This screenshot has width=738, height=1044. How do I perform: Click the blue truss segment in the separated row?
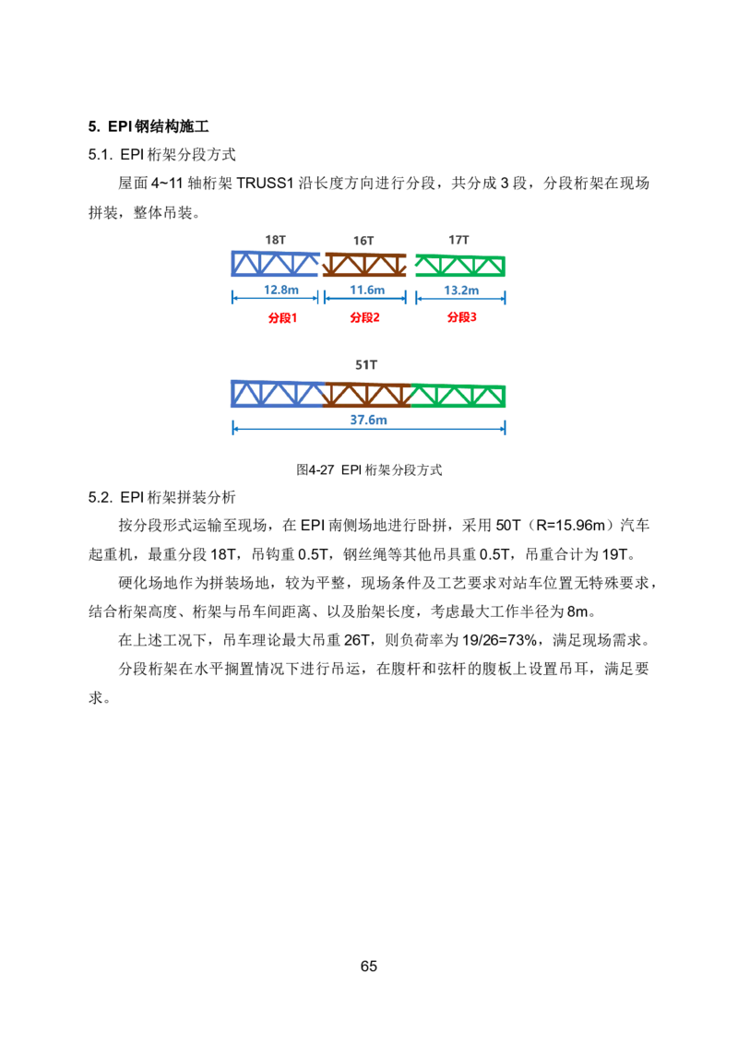coord(274,265)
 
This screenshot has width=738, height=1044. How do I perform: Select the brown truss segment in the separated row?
coord(365,265)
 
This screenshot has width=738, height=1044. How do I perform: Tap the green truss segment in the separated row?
coord(460,266)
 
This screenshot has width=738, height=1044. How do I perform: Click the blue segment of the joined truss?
coord(276,395)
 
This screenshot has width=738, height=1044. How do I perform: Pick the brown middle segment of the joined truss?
coord(367,396)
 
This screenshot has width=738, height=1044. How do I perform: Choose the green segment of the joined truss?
coord(459,397)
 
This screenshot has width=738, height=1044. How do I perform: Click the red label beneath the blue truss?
coord(281,317)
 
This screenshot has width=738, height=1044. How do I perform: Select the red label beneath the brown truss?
coord(365,317)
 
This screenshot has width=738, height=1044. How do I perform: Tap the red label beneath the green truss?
coord(461,317)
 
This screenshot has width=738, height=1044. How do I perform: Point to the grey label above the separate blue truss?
coord(277,238)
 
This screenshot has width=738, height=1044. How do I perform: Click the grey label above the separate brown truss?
coord(365,238)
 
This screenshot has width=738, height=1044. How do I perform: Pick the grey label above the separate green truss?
coord(458,238)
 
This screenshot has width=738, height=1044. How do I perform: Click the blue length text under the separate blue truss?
coord(280,290)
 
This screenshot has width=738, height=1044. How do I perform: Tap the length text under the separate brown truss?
coord(366,290)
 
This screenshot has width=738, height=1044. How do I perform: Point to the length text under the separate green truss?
coord(460,290)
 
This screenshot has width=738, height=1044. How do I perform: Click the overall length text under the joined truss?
coord(368,421)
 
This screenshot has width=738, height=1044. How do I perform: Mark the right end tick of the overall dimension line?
coord(506,430)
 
